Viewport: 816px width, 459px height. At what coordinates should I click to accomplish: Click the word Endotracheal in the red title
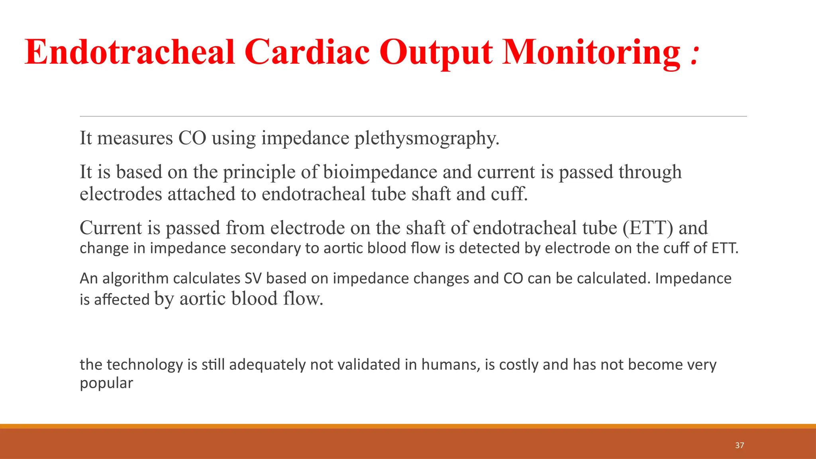coord(130,52)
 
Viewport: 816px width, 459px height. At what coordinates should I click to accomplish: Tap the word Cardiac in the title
coord(307,52)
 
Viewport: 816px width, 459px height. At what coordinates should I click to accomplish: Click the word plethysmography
coord(427,139)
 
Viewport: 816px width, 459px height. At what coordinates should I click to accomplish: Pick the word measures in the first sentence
coord(135,138)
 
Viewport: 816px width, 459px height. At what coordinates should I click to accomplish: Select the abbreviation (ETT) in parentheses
coord(648,228)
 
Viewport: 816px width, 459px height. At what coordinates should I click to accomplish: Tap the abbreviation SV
coord(253,279)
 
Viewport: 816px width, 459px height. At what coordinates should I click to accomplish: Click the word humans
coord(450,365)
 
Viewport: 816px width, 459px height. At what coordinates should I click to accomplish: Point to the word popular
coord(106,383)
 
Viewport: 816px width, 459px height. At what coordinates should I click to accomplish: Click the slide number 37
coord(739,445)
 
